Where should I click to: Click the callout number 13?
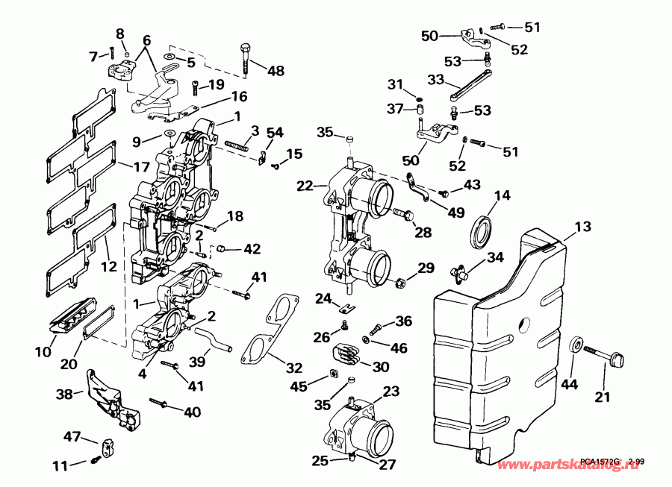582,226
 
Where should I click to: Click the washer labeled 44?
576,346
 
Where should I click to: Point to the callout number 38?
66,394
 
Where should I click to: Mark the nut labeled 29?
400,283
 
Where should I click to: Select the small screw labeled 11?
96,460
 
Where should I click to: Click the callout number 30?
381,366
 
